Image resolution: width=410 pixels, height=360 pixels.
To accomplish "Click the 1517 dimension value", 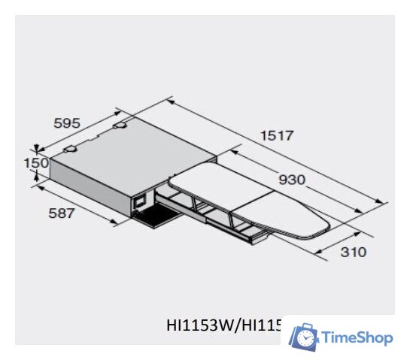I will click(x=277, y=136).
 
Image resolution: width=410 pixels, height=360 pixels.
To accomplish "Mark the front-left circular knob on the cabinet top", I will click(x=70, y=150).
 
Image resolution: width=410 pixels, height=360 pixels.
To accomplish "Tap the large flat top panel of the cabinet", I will click(x=128, y=150).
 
